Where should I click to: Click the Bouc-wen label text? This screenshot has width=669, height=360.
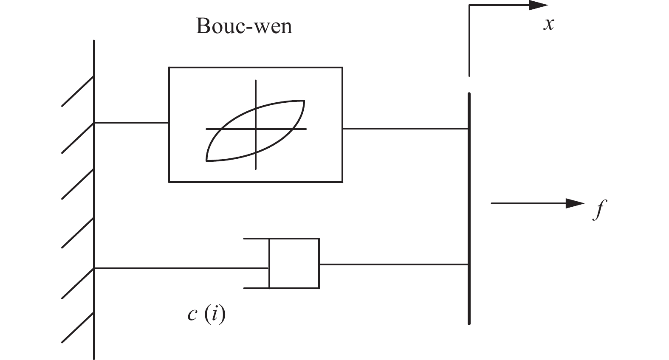pos(244,26)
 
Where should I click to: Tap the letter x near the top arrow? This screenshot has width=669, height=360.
pos(549,25)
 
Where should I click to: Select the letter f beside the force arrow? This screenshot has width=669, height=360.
pos(598,208)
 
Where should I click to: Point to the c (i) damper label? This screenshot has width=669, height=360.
pos(206,315)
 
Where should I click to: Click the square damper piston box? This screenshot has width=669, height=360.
pos(294,264)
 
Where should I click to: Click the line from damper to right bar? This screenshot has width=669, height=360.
pos(393,264)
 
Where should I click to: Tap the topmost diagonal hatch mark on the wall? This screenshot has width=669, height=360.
pos(78,91)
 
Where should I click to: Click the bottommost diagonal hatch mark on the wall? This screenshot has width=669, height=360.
pos(78,328)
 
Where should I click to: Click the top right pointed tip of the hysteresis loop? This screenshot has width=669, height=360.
pos(304,101)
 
